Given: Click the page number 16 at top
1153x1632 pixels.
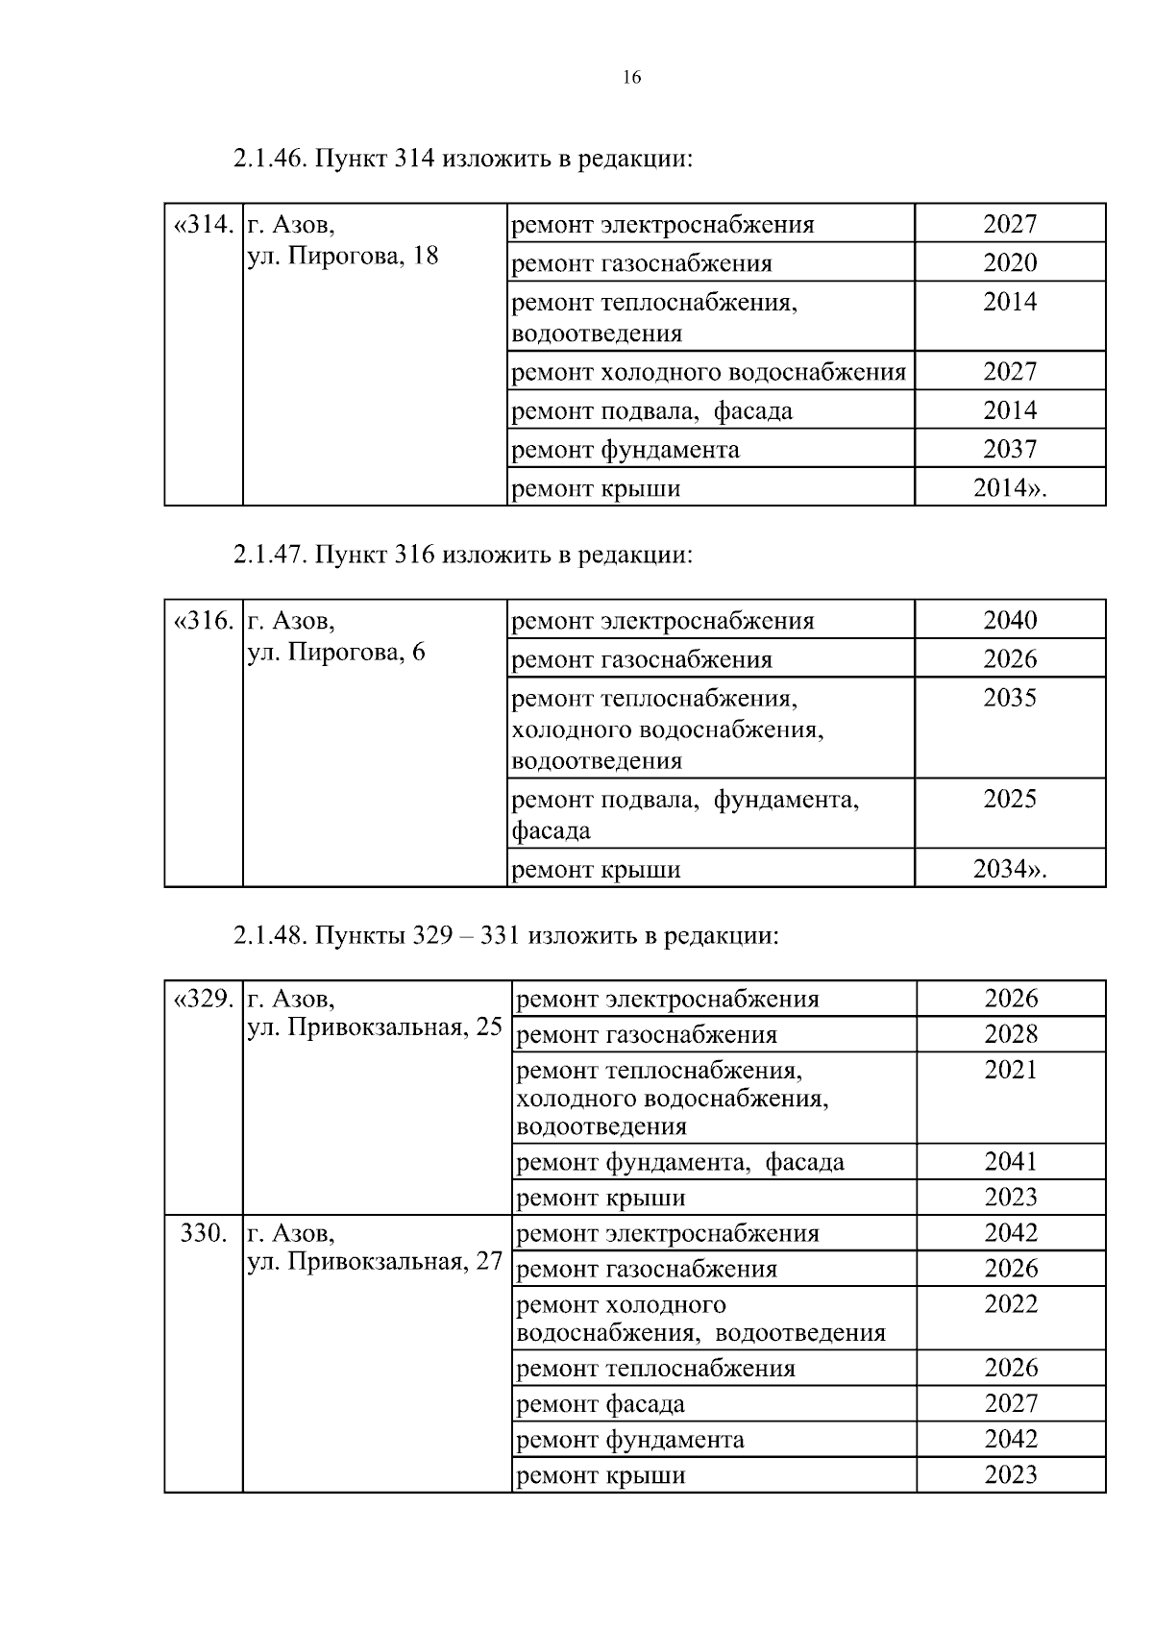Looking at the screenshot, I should coord(631,79).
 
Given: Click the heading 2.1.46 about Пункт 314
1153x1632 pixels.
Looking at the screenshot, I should coord(462,158).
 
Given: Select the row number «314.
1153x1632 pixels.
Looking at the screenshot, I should coord(204,225).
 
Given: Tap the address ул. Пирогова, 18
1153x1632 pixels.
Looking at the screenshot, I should coord(342,256).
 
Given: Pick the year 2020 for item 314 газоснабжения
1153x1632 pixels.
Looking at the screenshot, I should coord(1010,262).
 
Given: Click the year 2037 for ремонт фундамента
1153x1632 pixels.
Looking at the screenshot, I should coord(1010,449).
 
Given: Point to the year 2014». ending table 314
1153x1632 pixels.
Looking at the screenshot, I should coord(1010,488).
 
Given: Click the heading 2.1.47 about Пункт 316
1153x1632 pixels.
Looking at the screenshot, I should coord(462,555).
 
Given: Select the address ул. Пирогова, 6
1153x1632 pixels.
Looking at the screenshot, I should coord(335,652).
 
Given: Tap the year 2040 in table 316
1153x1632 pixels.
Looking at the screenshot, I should coord(1010,620).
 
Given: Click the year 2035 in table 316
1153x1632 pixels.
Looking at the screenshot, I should coord(1010,698).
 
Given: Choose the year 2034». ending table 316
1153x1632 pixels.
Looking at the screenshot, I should coord(1010,869).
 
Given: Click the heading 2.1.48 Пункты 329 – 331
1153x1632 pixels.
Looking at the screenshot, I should coord(505,935).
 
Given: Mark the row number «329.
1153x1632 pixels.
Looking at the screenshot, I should coord(204,999).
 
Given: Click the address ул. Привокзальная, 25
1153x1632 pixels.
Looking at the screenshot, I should coord(375,1027).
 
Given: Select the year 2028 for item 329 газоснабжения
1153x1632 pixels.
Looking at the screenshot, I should coord(1011,1034).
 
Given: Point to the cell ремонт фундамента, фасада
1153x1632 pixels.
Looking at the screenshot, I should coord(680,1162).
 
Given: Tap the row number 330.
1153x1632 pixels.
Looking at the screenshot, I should coord(204,1233).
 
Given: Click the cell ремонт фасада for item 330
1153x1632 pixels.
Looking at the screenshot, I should coord(601,1404).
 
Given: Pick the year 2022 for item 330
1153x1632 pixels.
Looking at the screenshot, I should coord(1011,1304).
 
